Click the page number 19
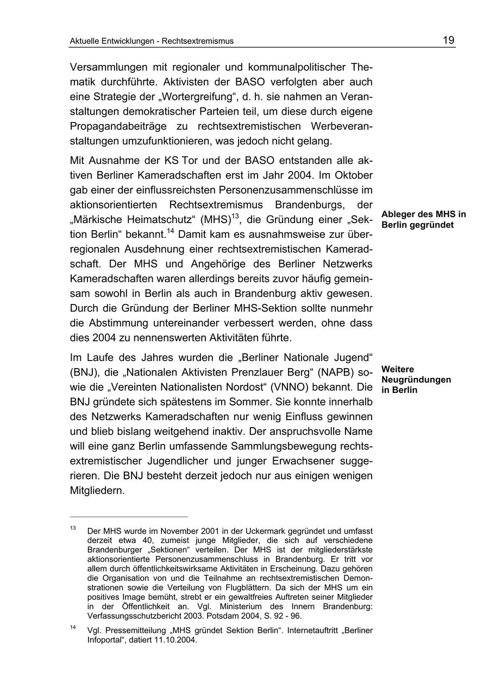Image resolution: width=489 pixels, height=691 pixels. pyautogui.click(x=448, y=40)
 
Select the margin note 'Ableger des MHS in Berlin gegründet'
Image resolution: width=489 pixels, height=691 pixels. pyautogui.click(x=423, y=219)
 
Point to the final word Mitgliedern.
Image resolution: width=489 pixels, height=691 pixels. pyautogui.click(x=98, y=491)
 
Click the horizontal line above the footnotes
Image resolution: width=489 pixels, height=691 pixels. pyautogui.click(x=129, y=517)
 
